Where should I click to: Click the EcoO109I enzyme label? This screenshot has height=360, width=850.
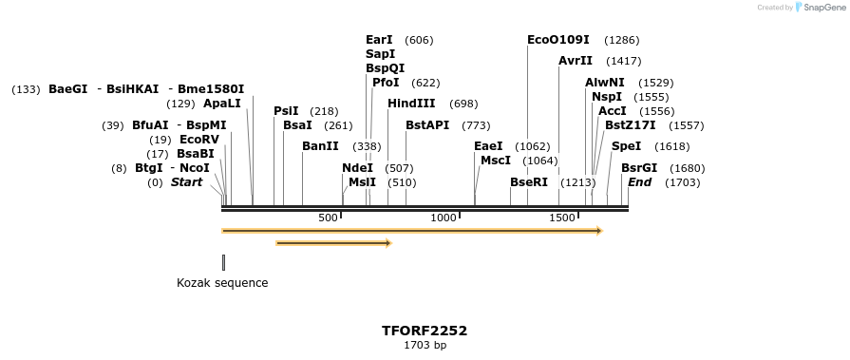[557, 40]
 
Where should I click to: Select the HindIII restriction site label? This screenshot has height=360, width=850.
[411, 104]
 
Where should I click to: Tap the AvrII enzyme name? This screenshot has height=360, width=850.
[576, 61]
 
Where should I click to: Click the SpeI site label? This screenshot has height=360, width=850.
[626, 146]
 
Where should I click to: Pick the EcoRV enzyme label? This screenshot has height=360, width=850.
[198, 140]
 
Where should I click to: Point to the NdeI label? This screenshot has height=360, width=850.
[357, 168]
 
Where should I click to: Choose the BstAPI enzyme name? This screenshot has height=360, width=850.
[427, 125]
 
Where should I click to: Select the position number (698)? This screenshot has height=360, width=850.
[463, 104]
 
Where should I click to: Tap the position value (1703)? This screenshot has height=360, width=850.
[682, 182]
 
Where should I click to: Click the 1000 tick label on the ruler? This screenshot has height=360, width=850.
[444, 218]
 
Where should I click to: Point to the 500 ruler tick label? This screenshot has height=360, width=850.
[329, 218]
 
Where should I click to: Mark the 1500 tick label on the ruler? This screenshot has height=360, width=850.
[562, 218]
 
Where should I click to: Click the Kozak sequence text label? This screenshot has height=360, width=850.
[222, 283]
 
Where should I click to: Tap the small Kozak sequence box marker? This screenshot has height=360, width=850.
[223, 262]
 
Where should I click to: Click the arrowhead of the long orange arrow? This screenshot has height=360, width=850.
[598, 231]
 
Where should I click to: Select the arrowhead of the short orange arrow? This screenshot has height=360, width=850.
[387, 243]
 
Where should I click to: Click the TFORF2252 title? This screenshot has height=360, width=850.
[425, 332]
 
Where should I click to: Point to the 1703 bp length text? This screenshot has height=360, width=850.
[425, 346]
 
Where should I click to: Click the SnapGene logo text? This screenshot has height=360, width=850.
[822, 8]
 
